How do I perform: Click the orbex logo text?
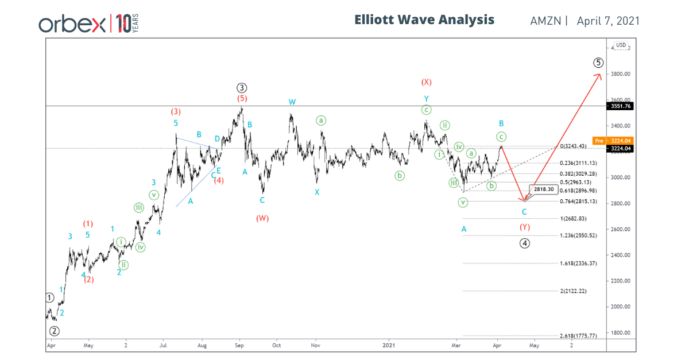tap(72, 24)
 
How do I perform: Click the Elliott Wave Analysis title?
tap(424, 20)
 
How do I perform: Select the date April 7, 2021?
tap(608, 21)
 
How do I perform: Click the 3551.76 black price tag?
tap(621, 106)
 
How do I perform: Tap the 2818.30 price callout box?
tap(543, 189)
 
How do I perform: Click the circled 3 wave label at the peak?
tap(241, 88)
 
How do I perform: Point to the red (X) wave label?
tap(426, 82)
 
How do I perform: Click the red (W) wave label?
tap(262, 218)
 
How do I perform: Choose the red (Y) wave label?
tap(524, 227)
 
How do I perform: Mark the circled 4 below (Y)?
tap(524, 243)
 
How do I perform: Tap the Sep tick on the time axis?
tap(240, 346)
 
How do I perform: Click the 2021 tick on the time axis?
tap(390, 346)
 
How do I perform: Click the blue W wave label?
tap(292, 102)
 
